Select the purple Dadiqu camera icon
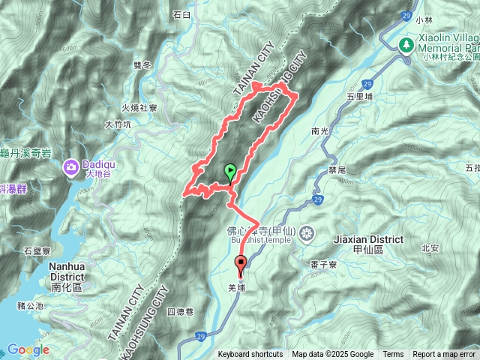[x=70, y=165]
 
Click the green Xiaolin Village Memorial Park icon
[x=406, y=45]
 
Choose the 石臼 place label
[x=182, y=14]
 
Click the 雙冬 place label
[x=142, y=65]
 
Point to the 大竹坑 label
[x=118, y=124]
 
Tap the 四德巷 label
[x=180, y=311]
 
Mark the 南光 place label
[x=320, y=131]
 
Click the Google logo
[x=28, y=349]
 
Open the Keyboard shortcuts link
[x=250, y=355]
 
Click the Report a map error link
[x=445, y=355]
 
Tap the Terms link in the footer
[x=393, y=355]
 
